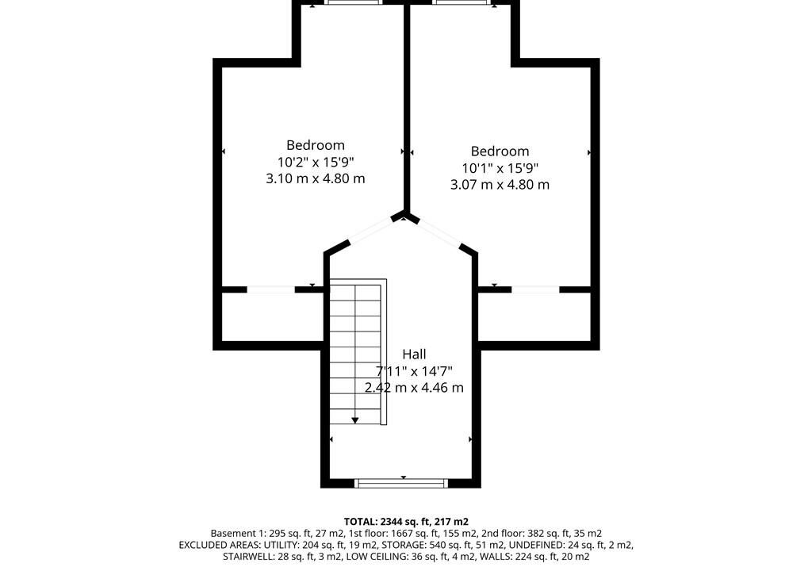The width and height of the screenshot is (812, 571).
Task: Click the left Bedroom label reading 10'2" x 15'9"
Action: [316, 162]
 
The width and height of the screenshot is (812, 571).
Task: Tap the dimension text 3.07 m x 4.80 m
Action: [500, 185]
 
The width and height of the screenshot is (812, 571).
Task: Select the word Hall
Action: [414, 354]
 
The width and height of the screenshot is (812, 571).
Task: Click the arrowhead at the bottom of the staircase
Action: [354, 420]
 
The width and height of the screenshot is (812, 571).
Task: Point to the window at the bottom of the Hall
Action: [401, 483]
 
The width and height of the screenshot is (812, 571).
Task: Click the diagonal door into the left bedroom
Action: [371, 231]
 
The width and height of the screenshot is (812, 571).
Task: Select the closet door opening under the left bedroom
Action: [271, 289]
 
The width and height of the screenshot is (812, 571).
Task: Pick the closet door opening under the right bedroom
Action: [536, 289]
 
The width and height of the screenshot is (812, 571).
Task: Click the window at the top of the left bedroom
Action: [354, 2]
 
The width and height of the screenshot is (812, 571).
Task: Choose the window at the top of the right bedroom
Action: [462, 2]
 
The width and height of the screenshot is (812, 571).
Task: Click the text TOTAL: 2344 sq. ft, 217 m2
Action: [406, 522]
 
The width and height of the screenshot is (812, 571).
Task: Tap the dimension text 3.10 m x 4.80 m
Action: [316, 178]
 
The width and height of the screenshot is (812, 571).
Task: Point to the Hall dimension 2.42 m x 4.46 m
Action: [414, 388]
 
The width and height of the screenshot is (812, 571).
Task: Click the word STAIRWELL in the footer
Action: [247, 557]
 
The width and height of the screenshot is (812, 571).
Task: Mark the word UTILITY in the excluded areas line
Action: [281, 545]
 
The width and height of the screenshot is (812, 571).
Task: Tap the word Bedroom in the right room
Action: [500, 151]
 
